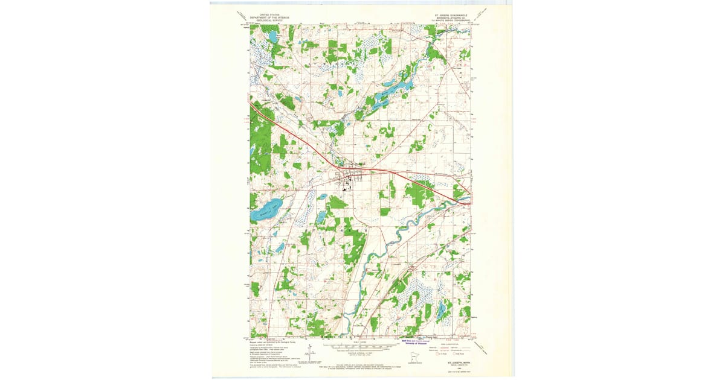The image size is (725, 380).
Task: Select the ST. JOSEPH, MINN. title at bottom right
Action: pyautogui.click(x=457, y=363)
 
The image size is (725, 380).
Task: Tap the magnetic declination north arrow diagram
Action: pyautogui.click(x=309, y=351)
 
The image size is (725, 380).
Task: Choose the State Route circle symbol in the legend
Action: pyautogui.click(x=463, y=353)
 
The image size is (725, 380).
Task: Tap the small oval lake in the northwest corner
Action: pyautogui.click(x=272, y=36)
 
